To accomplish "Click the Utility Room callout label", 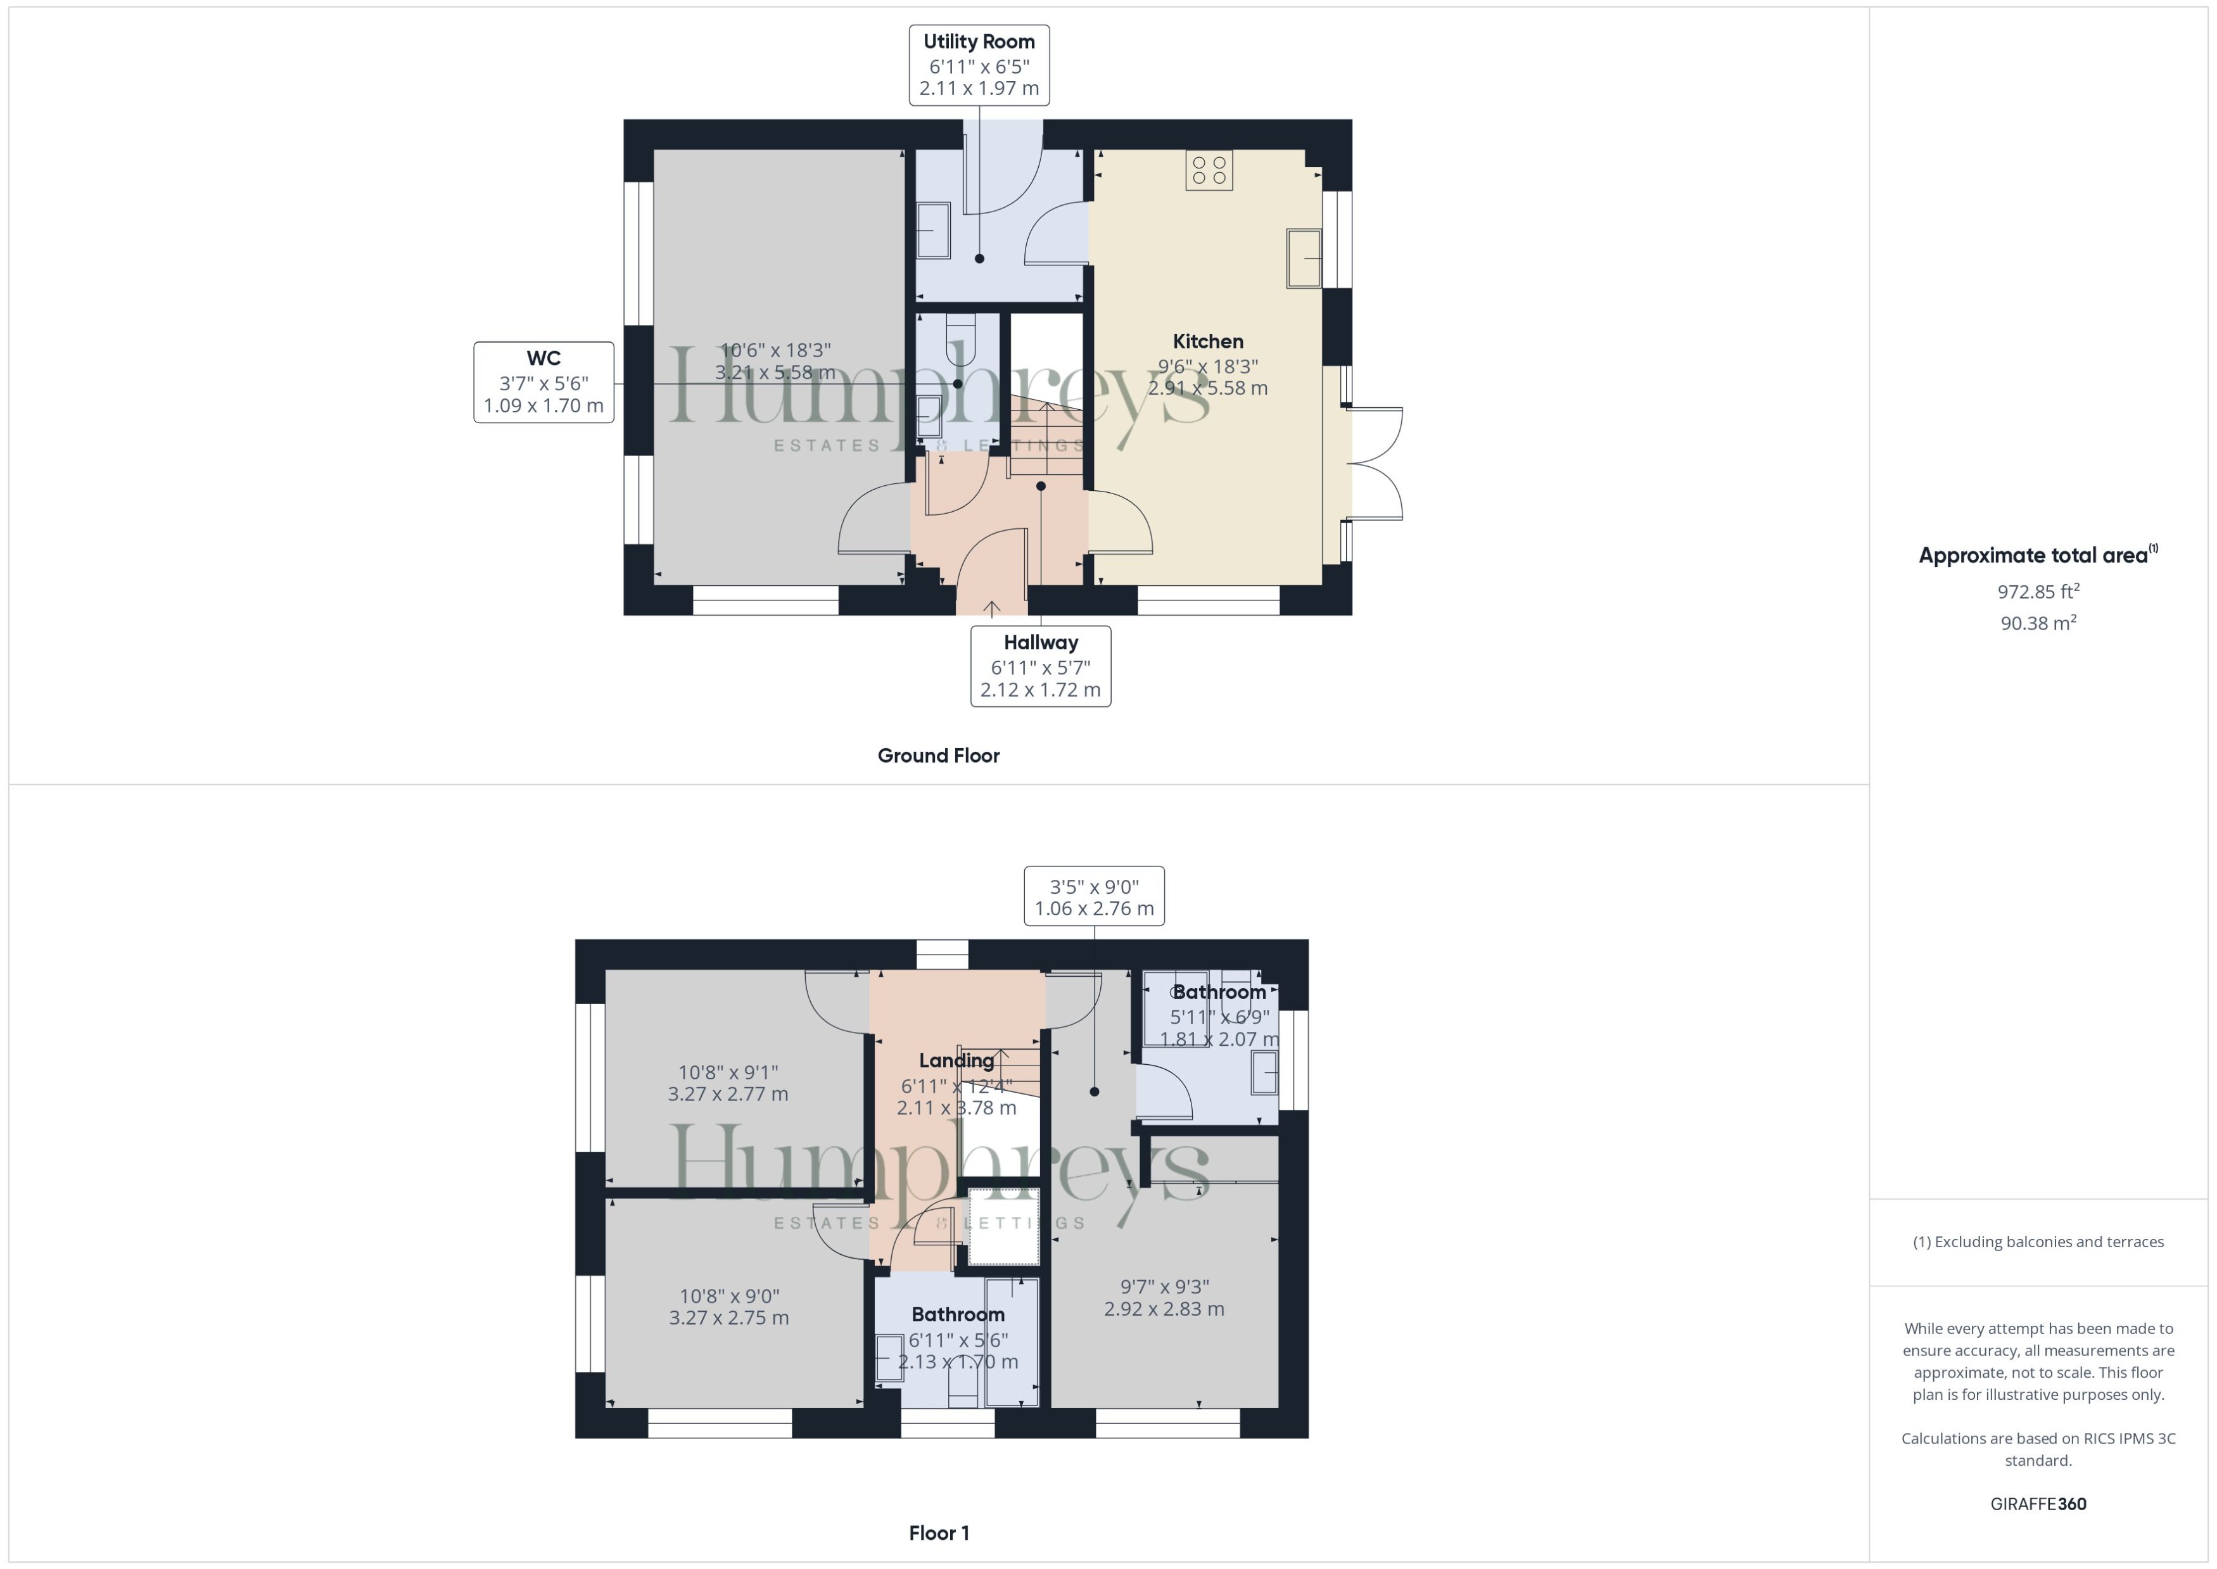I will point(979,65).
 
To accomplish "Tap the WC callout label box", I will point(543,381).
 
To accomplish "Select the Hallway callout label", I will point(1040,666).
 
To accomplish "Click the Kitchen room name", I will point(1207,341).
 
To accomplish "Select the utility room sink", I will point(933,230).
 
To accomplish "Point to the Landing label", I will point(956,1060).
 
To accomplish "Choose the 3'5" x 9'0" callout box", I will point(1093,896).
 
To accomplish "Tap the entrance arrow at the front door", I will point(992,607).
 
